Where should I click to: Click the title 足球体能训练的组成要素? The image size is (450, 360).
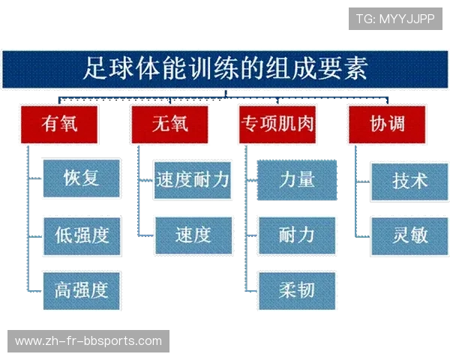225,70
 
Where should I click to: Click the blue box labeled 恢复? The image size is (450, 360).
82,178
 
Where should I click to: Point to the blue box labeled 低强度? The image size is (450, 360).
82,235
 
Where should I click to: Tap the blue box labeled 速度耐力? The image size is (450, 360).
192,179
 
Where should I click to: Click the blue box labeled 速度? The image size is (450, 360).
192,235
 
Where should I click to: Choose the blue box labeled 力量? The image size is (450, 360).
297,179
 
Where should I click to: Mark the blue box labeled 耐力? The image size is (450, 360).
297,235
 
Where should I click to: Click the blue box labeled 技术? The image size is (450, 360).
409,181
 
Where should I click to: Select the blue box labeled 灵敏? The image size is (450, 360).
409,235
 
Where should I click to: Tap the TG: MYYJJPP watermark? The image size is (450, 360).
395,18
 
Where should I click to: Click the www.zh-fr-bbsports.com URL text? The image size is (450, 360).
88,341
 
